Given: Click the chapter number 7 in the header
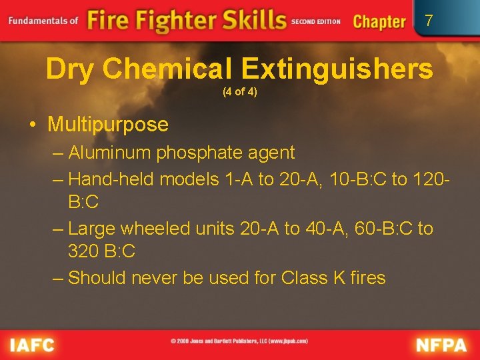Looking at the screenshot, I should click(x=429, y=21).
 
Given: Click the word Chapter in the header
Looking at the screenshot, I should click(x=379, y=21).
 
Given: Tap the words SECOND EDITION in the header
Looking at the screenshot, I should click(x=316, y=21).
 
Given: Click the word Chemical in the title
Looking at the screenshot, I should click(x=169, y=69).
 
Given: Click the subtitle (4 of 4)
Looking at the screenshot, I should click(x=239, y=92).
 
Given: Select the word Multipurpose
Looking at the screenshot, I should click(x=108, y=125).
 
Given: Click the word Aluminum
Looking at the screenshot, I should click(x=110, y=153).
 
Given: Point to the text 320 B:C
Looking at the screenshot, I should click(x=101, y=251).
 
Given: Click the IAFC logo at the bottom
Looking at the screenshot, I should click(x=31, y=345).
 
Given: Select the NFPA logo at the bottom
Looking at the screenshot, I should click(x=442, y=345).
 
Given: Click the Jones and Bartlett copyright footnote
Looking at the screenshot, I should click(x=239, y=341).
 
